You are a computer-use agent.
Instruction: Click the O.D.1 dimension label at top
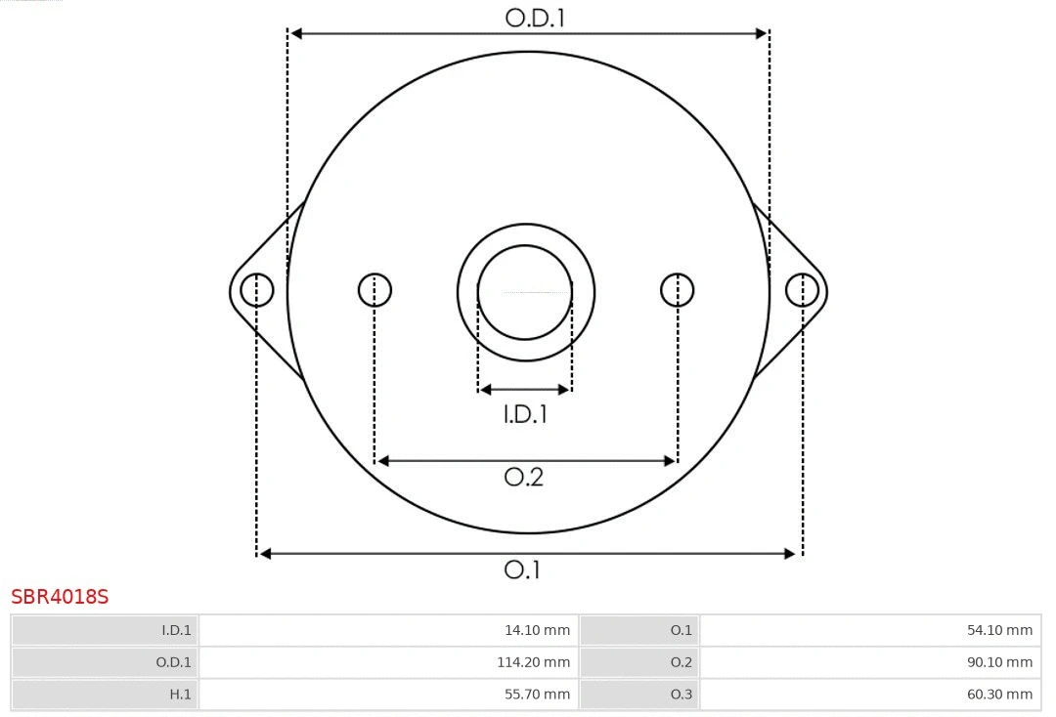click(x=535, y=17)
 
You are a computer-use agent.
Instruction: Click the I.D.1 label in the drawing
click(x=525, y=414)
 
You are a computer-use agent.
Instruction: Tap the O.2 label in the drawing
click(x=523, y=477)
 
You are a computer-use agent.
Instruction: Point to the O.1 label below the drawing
click(x=522, y=569)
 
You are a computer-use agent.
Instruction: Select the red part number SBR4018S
click(x=60, y=596)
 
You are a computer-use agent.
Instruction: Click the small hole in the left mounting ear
click(x=257, y=290)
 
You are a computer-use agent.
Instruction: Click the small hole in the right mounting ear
click(x=802, y=290)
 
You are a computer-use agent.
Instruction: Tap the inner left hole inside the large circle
click(x=374, y=290)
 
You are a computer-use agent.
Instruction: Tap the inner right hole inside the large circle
click(x=678, y=290)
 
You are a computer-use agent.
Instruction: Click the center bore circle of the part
click(x=525, y=291)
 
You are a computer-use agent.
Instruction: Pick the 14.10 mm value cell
click(x=388, y=630)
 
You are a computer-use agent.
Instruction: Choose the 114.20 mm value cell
click(x=388, y=662)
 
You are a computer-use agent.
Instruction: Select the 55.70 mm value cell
click(x=388, y=695)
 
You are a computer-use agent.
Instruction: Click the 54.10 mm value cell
click(x=870, y=630)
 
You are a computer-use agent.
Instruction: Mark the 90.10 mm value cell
click(x=870, y=662)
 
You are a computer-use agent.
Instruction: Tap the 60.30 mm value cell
click(x=870, y=695)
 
